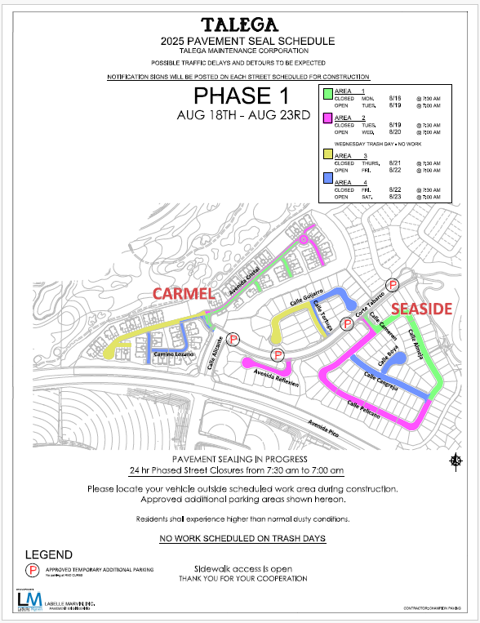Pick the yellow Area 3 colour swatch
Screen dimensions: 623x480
click(327, 154)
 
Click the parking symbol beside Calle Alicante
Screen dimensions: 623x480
click(234, 339)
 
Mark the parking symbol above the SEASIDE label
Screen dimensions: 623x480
click(392, 284)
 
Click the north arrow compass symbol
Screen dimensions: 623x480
click(456, 462)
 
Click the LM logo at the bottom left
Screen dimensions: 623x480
click(25, 600)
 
